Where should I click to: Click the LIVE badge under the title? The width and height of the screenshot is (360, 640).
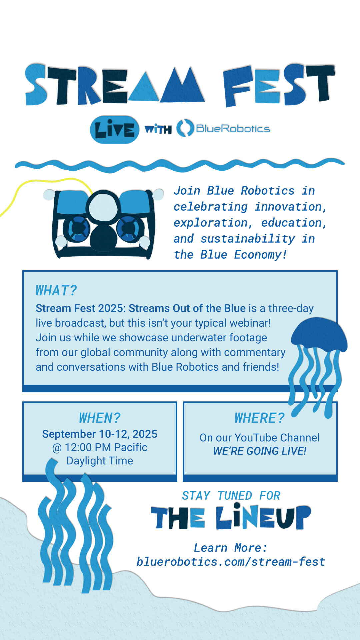(x=115, y=130)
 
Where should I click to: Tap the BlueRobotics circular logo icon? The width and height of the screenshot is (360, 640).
(x=185, y=128)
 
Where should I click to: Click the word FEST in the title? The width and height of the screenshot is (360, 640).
(x=279, y=85)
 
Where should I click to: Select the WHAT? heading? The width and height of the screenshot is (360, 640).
(x=56, y=291)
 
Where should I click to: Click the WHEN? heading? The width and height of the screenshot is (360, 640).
(x=100, y=418)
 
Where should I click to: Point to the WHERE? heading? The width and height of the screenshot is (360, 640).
(x=260, y=418)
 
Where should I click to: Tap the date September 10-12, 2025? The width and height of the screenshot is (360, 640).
(x=100, y=434)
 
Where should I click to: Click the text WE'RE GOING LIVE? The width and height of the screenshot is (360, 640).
(x=260, y=451)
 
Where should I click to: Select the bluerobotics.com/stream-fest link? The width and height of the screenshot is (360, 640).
(x=231, y=562)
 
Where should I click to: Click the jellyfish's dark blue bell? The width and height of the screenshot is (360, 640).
(x=319, y=333)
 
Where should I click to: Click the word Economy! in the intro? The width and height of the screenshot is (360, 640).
(x=260, y=255)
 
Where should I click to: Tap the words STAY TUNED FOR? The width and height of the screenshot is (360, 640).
(x=231, y=496)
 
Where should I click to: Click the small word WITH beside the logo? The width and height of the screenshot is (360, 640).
(x=158, y=129)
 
